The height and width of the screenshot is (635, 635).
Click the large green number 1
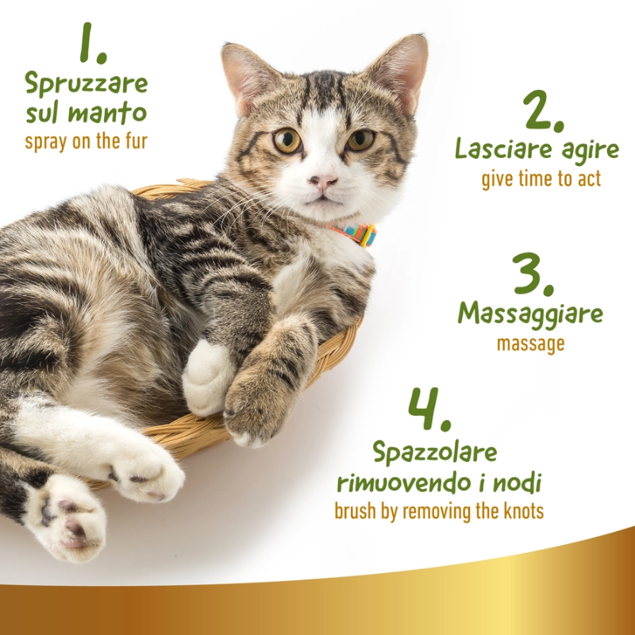[x=93, y=43]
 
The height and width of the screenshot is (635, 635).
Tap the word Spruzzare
[x=87, y=84]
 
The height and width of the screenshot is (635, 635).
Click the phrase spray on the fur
[x=86, y=142]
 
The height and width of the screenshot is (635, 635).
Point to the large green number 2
[x=543, y=110]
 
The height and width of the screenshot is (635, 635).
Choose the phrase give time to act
[x=541, y=179]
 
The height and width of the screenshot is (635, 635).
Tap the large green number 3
[x=533, y=274]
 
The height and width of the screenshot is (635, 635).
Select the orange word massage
[x=530, y=344]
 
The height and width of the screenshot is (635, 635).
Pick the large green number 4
[x=429, y=409]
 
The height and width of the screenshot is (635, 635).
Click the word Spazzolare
[x=434, y=452]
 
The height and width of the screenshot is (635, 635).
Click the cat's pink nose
[x=323, y=182]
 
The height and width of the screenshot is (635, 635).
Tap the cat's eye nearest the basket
[x=287, y=140]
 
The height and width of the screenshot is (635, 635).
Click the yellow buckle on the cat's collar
[x=368, y=236]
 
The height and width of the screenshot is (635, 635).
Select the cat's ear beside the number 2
[x=401, y=71]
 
